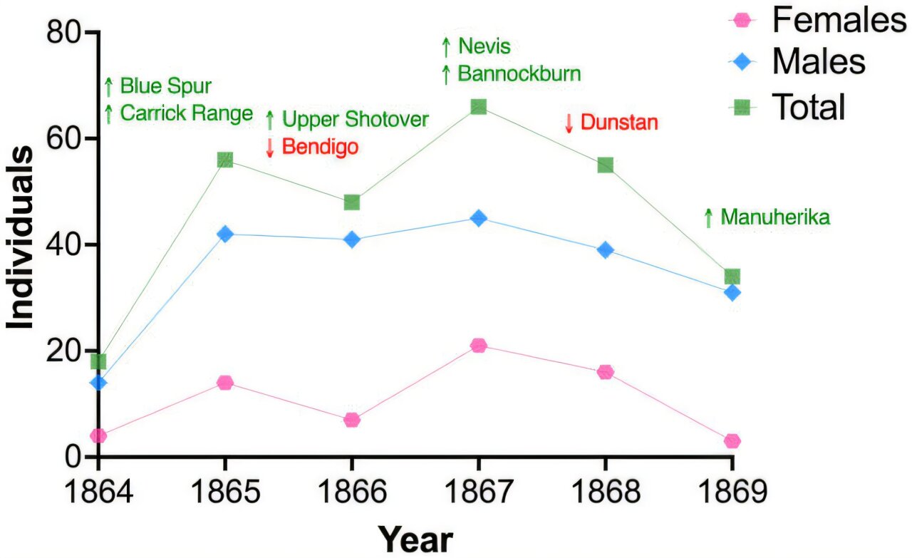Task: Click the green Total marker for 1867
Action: tap(478, 107)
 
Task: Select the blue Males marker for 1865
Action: tap(225, 234)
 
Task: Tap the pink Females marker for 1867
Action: tap(478, 346)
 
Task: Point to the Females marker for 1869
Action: tap(732, 441)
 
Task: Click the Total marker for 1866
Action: tap(351, 202)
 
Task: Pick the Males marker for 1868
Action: tap(606, 250)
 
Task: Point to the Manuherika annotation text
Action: tap(775, 217)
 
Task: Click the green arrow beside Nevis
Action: tap(446, 48)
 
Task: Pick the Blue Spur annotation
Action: tap(165, 87)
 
